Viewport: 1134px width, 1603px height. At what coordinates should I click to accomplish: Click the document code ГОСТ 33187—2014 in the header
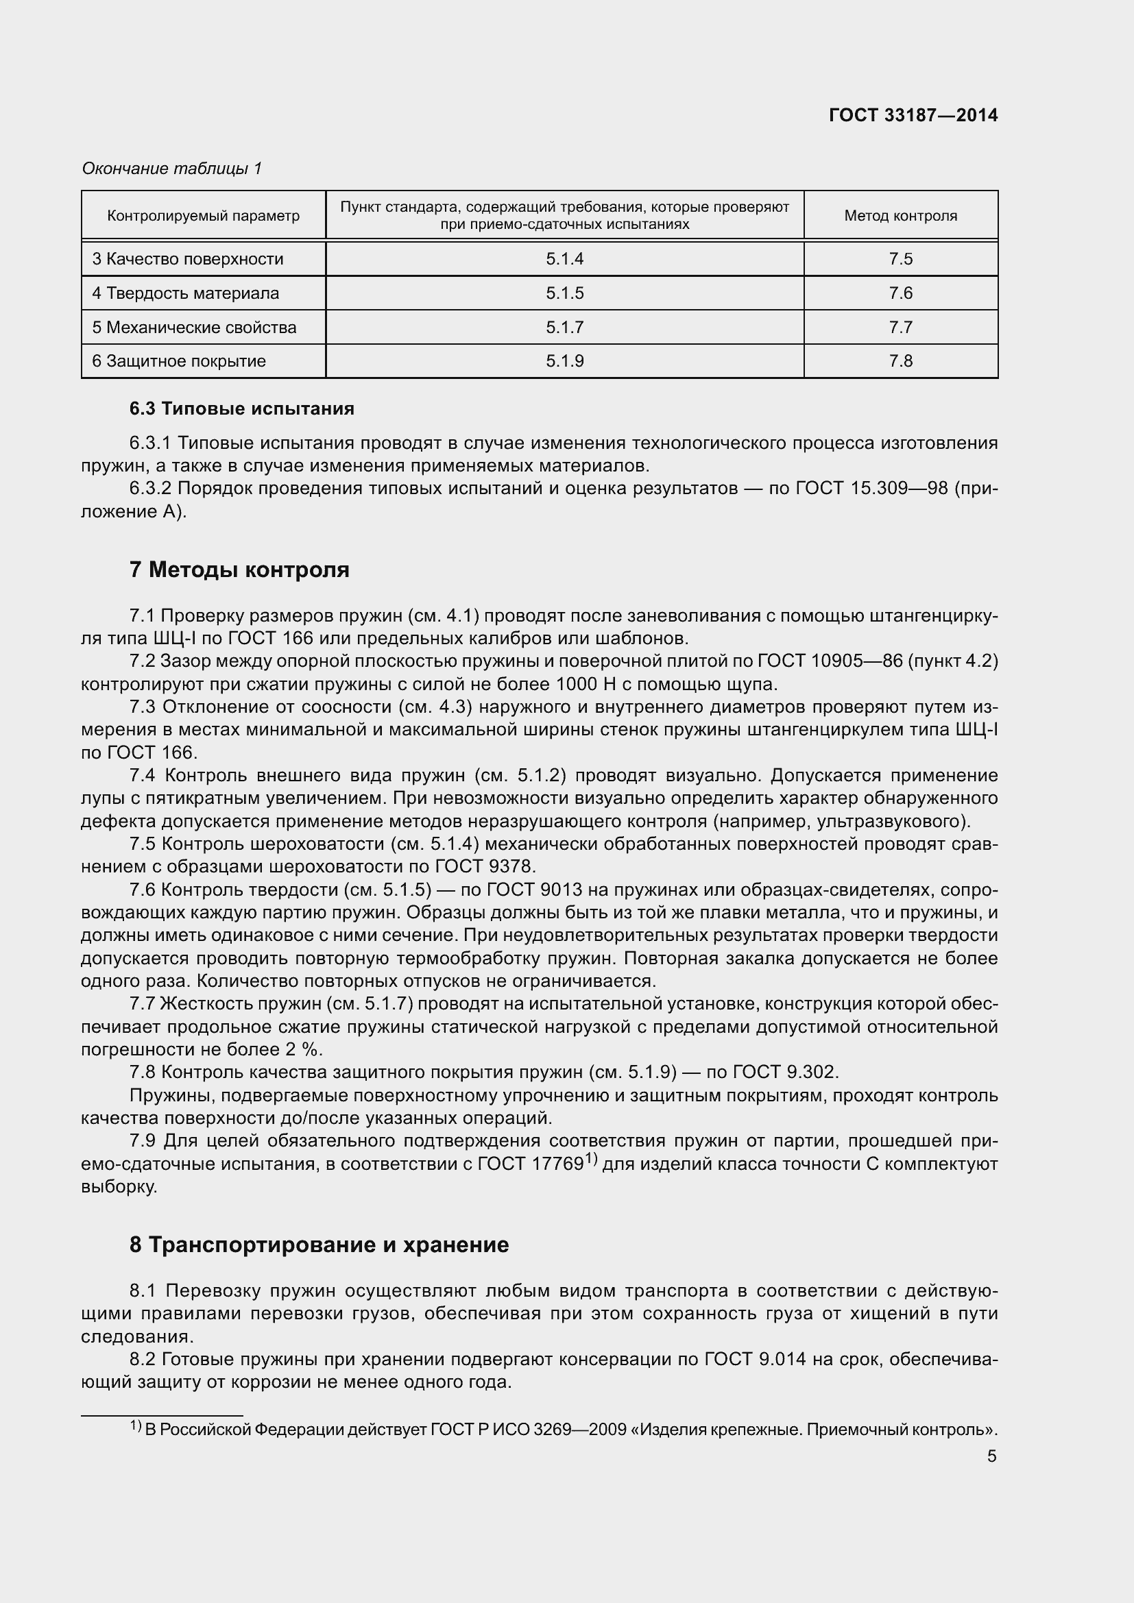coord(913,115)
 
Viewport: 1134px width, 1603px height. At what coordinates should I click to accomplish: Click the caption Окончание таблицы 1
coord(172,169)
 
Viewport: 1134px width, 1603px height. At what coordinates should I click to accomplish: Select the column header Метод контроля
coord(900,216)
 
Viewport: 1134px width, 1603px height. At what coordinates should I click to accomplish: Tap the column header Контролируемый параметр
coord(203,216)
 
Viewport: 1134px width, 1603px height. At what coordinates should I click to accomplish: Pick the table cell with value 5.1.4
coord(564,259)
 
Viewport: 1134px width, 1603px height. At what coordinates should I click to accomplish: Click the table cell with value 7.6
coord(900,293)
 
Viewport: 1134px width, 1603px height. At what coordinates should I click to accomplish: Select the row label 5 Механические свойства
coord(194,328)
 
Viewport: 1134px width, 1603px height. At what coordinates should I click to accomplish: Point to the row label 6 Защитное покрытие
coord(179,361)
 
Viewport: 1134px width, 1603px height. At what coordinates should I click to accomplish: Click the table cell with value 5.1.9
coord(564,361)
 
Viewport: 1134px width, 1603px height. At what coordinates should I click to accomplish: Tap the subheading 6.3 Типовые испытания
coord(241,408)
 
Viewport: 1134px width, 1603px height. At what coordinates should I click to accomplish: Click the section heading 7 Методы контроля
coord(239,570)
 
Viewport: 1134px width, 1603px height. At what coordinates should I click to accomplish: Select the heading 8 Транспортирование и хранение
coord(318,1244)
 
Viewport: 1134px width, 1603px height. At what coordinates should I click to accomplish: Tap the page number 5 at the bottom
coord(991,1456)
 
